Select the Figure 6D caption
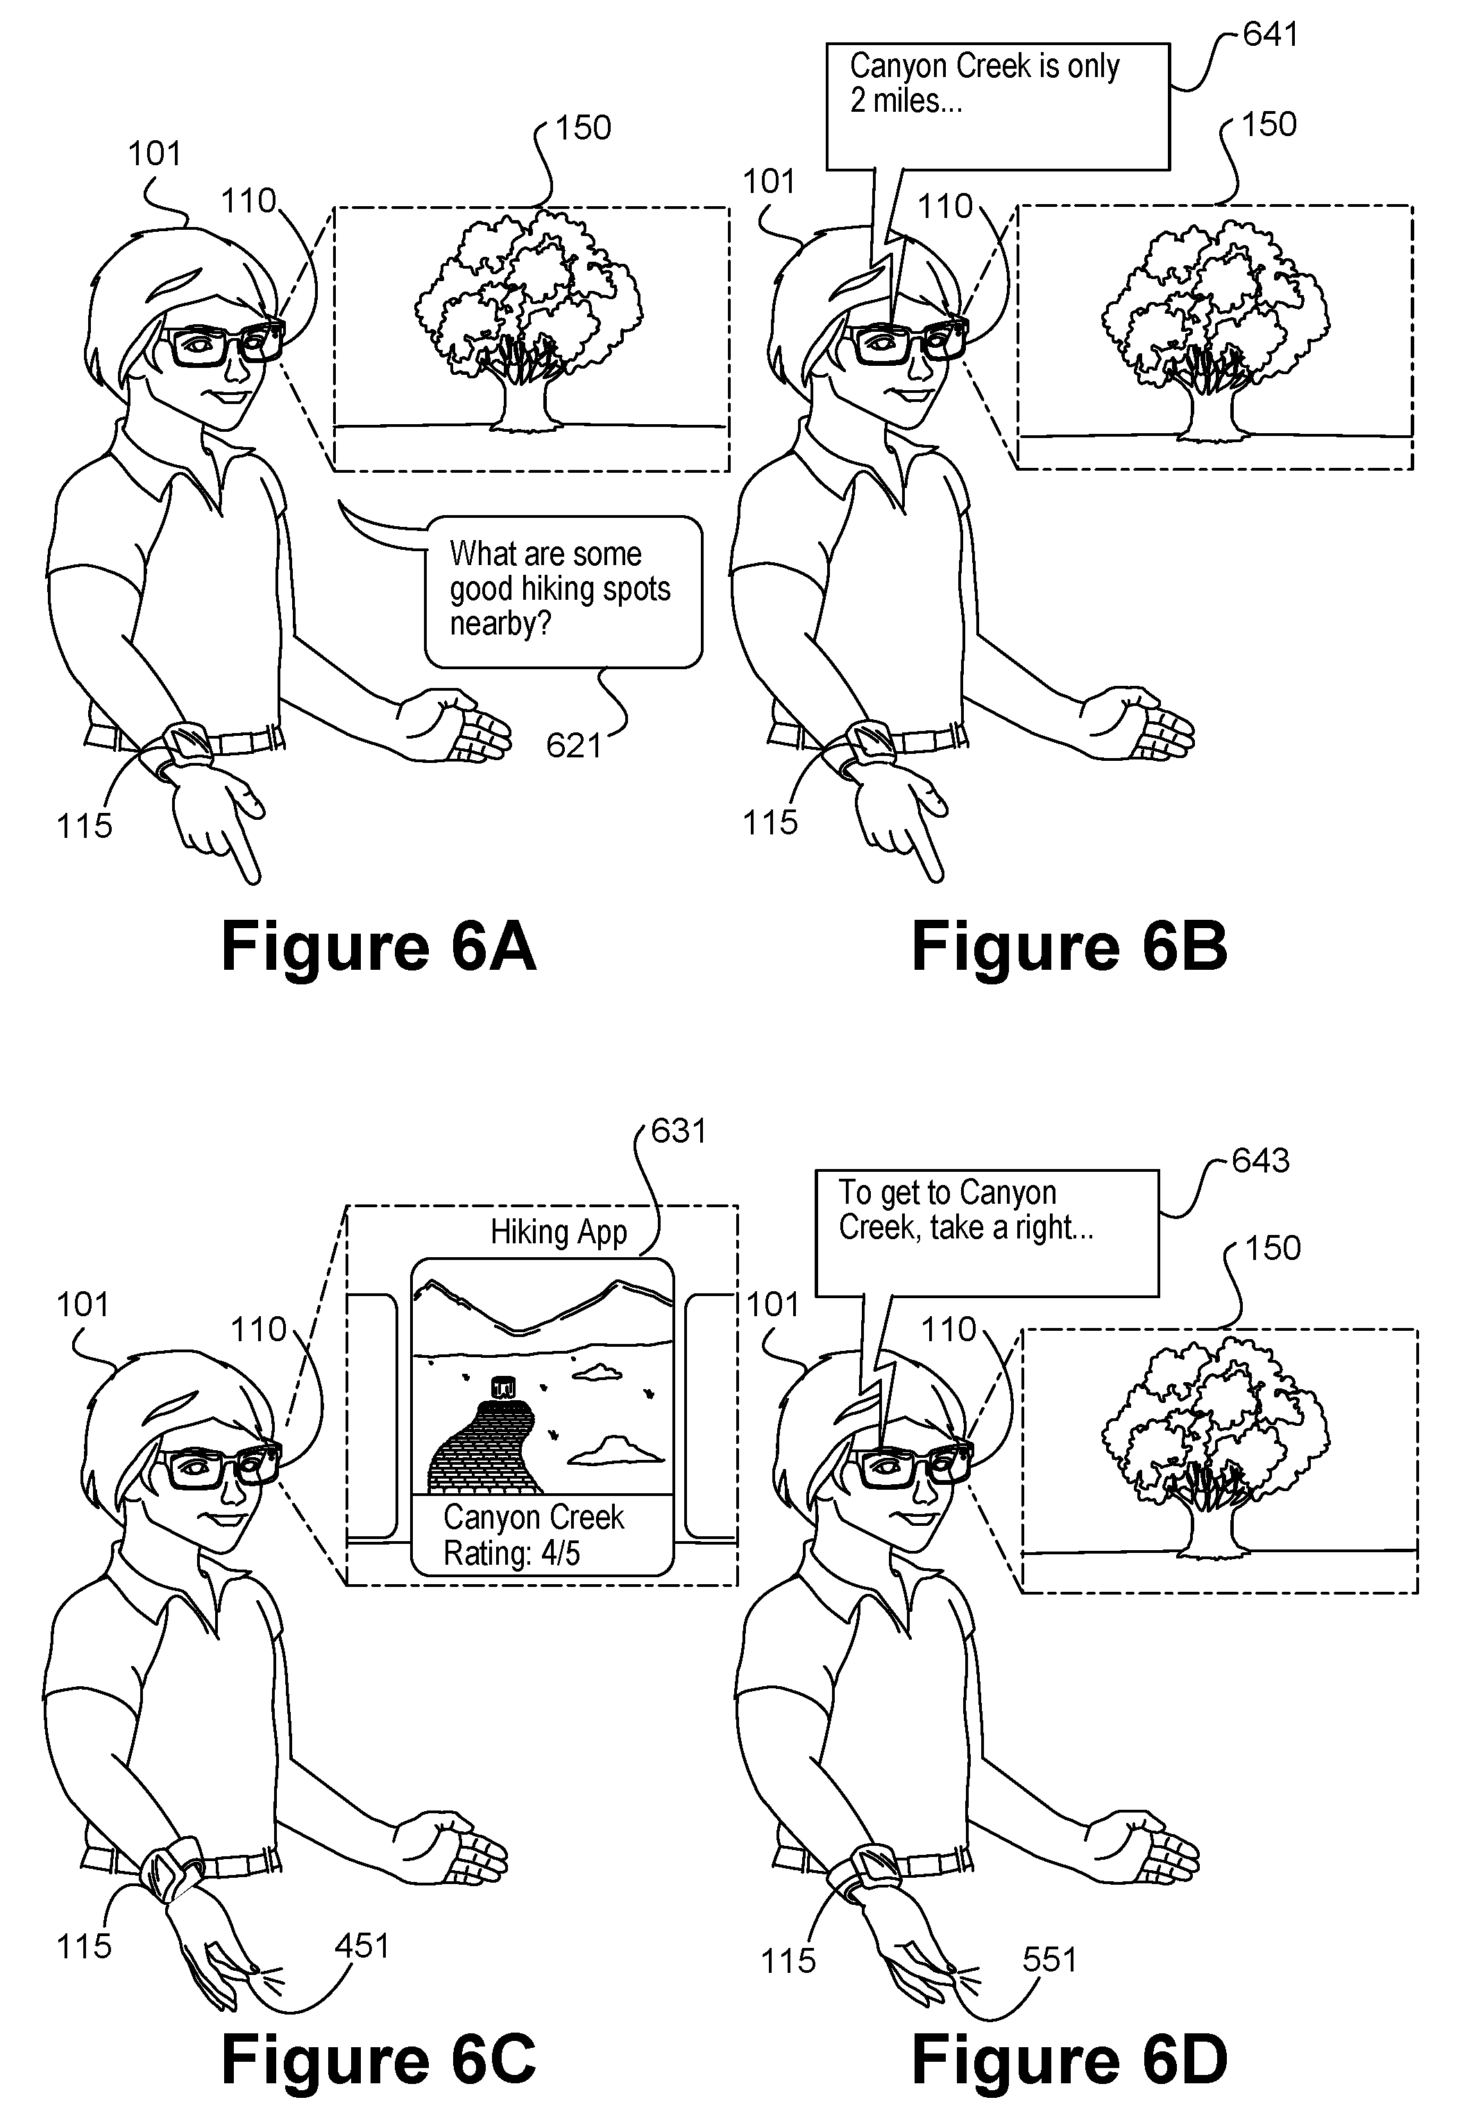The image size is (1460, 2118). [x=1069, y=2060]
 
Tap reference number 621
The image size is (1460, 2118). [x=574, y=746]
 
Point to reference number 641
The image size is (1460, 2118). [x=1271, y=34]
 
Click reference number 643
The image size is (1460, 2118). [x=1261, y=1160]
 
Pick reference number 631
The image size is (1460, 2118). [x=679, y=1131]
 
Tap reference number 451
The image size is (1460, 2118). [x=362, y=1945]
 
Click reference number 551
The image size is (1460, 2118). [x=1050, y=1959]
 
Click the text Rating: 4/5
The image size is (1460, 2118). [x=511, y=1553]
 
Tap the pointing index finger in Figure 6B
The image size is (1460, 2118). [x=923, y=851]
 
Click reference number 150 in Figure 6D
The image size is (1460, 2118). [x=1273, y=1248]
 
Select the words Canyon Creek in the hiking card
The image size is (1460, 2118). [x=534, y=1517]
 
